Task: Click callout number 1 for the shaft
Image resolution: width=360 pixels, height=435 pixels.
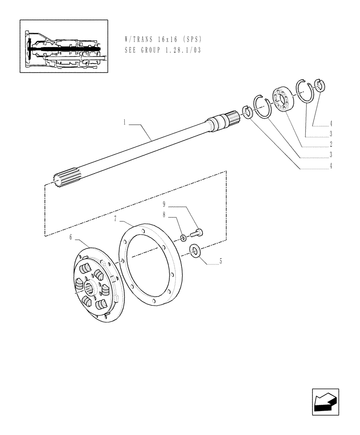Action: (x=124, y=124)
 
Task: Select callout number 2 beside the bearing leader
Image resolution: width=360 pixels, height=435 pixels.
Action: (x=331, y=144)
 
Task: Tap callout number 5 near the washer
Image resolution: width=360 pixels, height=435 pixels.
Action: (x=220, y=261)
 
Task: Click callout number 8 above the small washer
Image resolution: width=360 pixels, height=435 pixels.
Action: (x=164, y=214)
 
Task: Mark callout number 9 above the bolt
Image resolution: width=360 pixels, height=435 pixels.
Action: (x=164, y=204)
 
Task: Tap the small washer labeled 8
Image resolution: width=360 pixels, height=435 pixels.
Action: (x=183, y=238)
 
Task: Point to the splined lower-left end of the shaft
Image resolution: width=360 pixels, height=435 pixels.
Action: (x=61, y=179)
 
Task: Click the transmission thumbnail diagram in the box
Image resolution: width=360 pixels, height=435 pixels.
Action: (x=63, y=46)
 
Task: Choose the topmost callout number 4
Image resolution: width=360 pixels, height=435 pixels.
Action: (x=331, y=123)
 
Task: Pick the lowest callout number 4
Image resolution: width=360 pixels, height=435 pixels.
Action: (x=331, y=166)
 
